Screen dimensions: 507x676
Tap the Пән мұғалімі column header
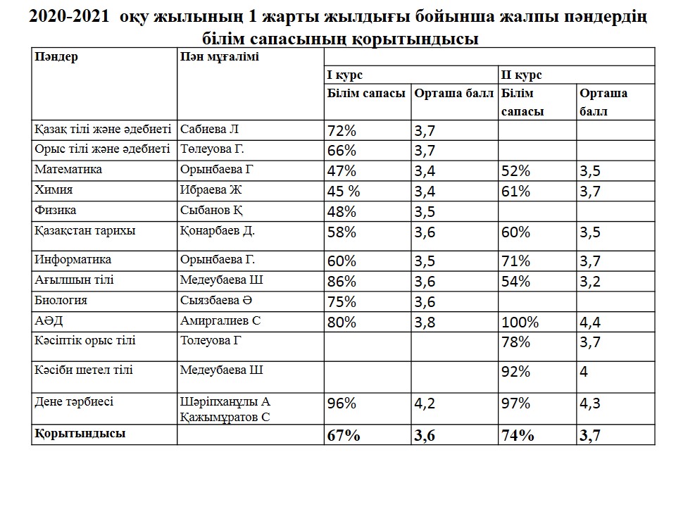(219, 58)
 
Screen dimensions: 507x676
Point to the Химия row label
(54, 189)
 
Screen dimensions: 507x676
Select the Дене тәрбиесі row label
(74, 402)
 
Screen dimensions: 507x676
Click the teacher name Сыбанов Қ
(212, 210)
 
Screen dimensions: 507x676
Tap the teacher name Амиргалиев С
(220, 321)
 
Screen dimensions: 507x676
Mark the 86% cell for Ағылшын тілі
(342, 281)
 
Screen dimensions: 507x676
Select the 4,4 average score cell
(591, 323)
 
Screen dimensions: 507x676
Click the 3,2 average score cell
(590, 281)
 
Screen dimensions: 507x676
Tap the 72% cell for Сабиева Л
(342, 130)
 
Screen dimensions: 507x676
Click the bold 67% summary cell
(344, 435)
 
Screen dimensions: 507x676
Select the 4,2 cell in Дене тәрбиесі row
(425, 404)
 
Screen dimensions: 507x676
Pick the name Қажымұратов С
(225, 417)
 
